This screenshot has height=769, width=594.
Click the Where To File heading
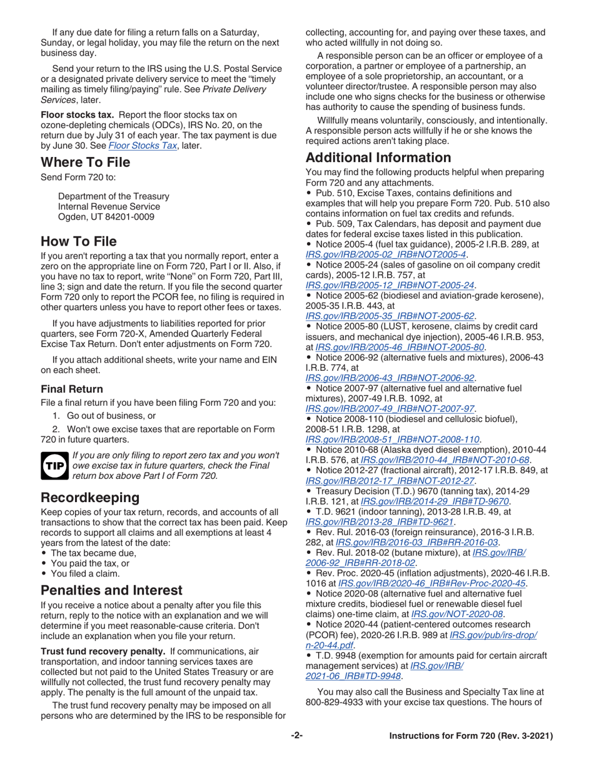(86, 163)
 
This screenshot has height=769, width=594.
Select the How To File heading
(78, 241)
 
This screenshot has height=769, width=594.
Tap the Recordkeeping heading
(90, 498)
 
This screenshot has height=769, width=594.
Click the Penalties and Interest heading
(112, 590)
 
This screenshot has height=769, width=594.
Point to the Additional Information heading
(378, 158)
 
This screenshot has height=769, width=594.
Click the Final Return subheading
(72, 389)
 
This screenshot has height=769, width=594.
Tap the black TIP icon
(54, 466)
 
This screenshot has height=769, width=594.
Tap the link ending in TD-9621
(380, 521)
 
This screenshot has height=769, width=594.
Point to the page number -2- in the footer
(297, 736)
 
